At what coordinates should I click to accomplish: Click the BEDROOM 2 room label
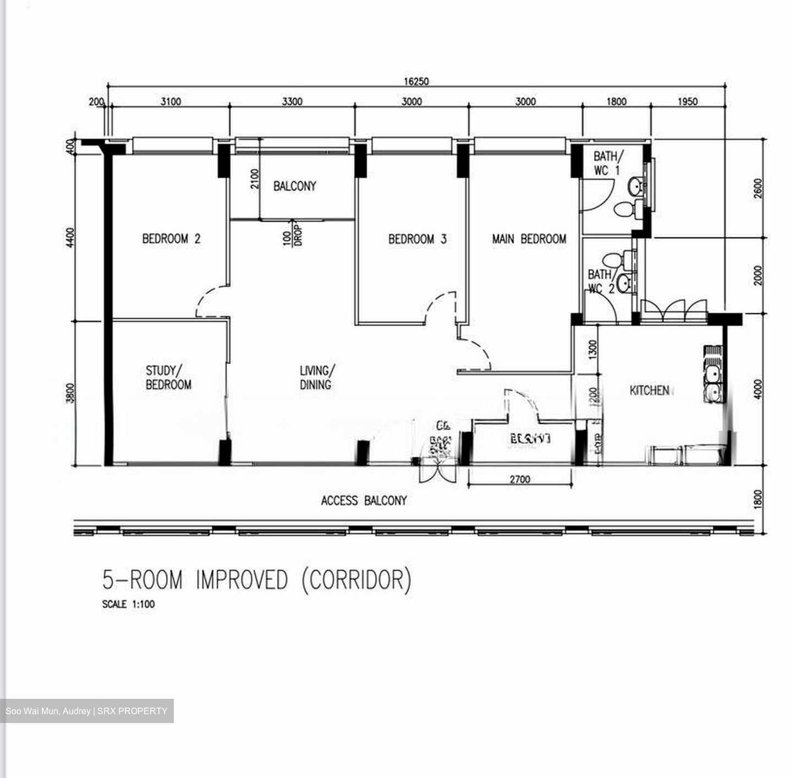171,239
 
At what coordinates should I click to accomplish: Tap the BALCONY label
295,186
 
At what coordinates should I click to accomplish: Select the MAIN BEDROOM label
529,239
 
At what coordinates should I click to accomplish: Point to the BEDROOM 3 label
417,239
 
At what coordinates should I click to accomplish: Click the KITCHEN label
649,390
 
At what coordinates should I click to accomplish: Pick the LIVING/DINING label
316,378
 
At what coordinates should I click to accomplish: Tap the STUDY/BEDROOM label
168,378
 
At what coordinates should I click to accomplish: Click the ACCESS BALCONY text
364,500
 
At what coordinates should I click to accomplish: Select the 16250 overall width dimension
416,81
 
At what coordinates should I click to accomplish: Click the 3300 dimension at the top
292,101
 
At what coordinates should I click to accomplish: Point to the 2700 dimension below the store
520,479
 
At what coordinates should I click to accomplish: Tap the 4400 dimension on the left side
70,238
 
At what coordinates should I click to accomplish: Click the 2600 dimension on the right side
758,189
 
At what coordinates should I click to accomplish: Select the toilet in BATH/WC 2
612,258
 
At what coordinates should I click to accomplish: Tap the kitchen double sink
713,383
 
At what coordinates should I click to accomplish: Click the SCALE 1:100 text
128,604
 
